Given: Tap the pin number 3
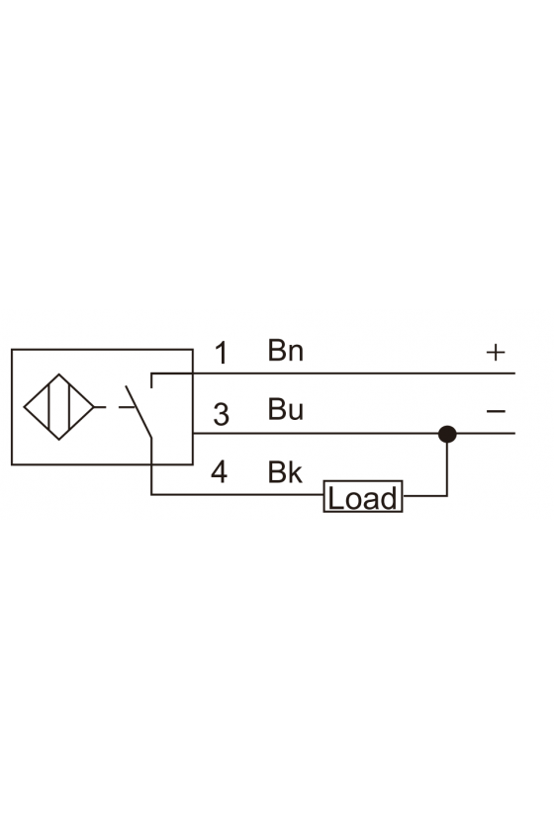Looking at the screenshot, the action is [x=221, y=414].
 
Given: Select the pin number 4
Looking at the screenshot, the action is [x=220, y=471].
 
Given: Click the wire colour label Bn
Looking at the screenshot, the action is [x=285, y=351].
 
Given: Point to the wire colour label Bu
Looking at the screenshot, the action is [x=285, y=409].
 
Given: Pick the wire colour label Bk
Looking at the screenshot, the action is [x=285, y=472].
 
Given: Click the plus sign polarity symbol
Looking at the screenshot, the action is [x=496, y=352].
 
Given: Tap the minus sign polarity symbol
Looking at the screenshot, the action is [x=496, y=411].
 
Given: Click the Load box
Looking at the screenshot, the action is [x=363, y=496].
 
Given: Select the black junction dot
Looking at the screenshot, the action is [x=447, y=434].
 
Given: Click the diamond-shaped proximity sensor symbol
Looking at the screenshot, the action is [x=58, y=407].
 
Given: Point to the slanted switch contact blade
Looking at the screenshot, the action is [x=138, y=412].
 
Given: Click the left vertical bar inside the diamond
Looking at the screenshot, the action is [x=48, y=407].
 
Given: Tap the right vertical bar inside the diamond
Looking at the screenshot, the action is [x=69, y=407].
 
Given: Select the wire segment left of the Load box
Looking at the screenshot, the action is [x=237, y=495].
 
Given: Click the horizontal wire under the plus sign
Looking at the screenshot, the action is [x=333, y=373].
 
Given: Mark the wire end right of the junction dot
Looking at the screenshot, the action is [x=514, y=434].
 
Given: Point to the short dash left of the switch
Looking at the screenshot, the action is [x=127, y=407].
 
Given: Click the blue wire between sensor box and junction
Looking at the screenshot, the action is [x=316, y=434].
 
